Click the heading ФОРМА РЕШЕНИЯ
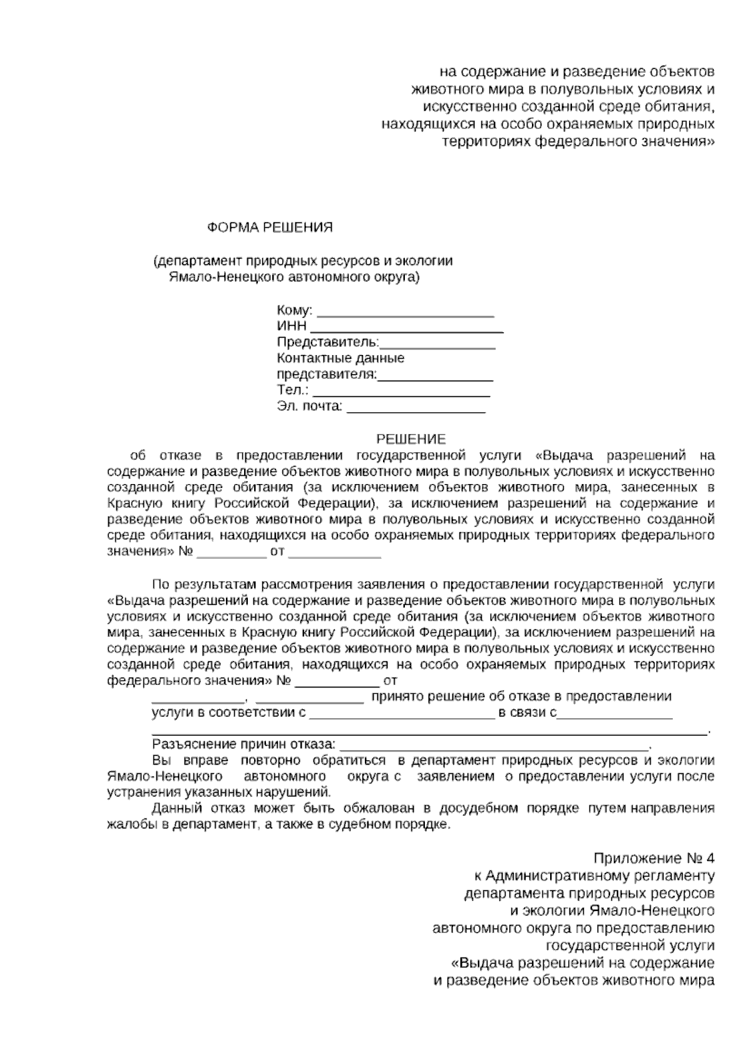pyautogui.click(x=270, y=228)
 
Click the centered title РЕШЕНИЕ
pyautogui.click(x=411, y=440)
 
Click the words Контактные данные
pyautogui.click(x=340, y=359)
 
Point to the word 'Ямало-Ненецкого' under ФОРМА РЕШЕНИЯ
pyautogui.click(x=215, y=277)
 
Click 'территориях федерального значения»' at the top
pyautogui.click(x=578, y=141)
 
